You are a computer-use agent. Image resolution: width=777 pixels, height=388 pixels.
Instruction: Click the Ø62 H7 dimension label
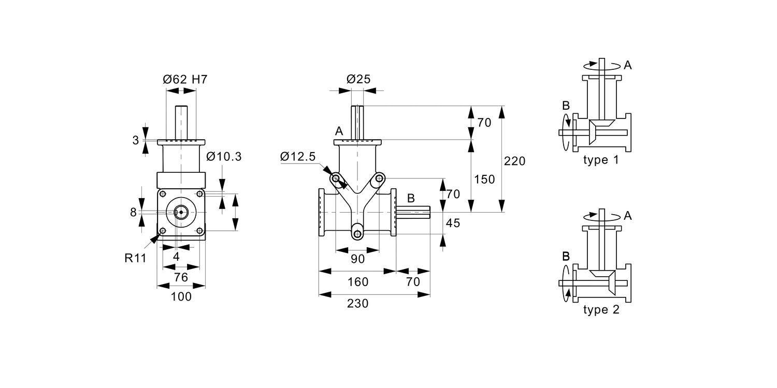pos(185,79)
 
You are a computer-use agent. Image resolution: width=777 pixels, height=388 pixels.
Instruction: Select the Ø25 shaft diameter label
pos(358,79)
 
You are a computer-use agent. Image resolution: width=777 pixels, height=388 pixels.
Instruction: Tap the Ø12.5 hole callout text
pos(298,157)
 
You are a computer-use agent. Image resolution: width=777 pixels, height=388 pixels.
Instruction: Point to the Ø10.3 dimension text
pos(224,157)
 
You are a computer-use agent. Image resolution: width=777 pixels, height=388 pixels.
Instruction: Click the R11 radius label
pos(136,258)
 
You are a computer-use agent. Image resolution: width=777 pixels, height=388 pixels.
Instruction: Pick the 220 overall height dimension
pos(514,161)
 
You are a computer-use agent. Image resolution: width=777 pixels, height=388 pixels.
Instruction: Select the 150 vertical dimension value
pos(484,179)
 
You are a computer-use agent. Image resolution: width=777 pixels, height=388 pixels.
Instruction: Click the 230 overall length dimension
pos(358,304)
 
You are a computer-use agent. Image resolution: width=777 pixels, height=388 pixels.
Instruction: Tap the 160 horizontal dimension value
pos(358,282)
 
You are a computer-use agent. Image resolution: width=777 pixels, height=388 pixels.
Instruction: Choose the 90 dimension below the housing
pos(358,259)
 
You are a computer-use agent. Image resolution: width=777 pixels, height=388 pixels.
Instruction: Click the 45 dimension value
pos(453,223)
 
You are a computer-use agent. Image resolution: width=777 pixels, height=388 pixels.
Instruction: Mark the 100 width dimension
pos(181,296)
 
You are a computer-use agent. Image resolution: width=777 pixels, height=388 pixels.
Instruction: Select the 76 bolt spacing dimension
pos(181,277)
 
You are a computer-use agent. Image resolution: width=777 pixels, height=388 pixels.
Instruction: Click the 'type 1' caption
pos(601,160)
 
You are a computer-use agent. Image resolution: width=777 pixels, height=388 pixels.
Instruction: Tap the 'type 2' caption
pos(601,310)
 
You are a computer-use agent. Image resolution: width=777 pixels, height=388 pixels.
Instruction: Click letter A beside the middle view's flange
pos(339,131)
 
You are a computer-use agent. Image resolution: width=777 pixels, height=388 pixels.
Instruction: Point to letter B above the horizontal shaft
pos(411,198)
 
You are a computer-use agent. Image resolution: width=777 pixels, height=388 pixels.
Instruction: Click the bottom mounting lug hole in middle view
pos(357,234)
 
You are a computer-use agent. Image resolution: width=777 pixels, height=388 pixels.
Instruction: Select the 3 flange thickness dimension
pos(135,140)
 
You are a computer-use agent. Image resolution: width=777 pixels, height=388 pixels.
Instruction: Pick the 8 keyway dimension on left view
pos(134,212)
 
